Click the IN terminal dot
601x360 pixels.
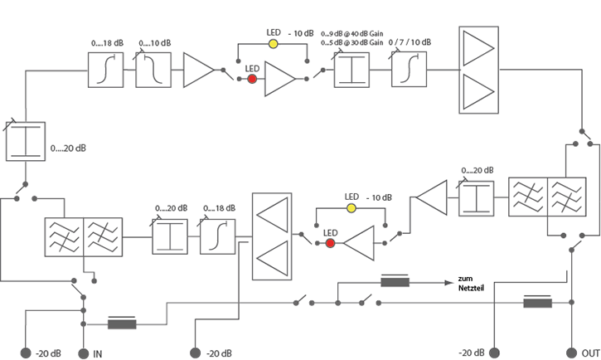point(83,353)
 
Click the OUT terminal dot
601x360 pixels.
point(572,353)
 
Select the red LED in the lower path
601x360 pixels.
point(331,243)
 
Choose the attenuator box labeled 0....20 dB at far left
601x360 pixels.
point(23,139)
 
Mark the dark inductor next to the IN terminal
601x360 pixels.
point(123,324)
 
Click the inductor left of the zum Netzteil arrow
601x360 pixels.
point(395,283)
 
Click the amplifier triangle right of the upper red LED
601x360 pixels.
point(279,80)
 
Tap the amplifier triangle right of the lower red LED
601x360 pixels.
point(358,244)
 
